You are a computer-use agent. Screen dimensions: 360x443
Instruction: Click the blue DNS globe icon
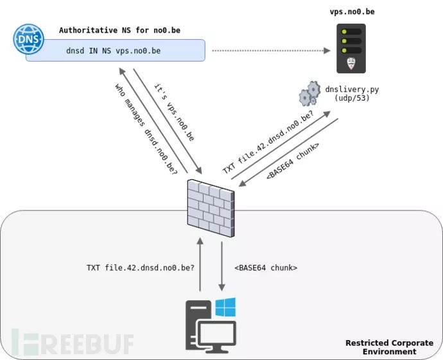click(x=28, y=39)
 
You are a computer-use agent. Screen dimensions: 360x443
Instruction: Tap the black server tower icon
click(x=351, y=49)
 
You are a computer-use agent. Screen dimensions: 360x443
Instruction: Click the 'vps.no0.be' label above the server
click(x=351, y=12)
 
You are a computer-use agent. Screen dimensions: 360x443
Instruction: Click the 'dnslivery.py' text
click(x=351, y=89)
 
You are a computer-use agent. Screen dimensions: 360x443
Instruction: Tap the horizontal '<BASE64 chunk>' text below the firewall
click(x=265, y=268)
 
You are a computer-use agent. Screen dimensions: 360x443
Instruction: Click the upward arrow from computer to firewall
click(x=200, y=264)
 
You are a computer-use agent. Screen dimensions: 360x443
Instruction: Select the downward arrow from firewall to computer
click(x=221, y=264)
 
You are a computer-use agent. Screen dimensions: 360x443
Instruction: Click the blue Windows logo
click(x=225, y=307)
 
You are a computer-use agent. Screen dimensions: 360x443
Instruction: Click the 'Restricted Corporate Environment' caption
click(x=389, y=347)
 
